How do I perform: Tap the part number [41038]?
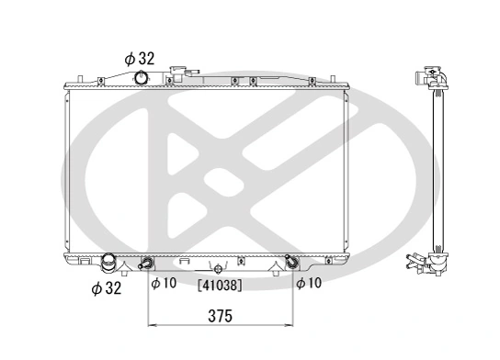point(220,286)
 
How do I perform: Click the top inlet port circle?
point(142,77)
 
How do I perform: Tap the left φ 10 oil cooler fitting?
point(146,264)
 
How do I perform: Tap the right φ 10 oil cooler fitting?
point(292,264)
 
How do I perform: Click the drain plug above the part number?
point(218,268)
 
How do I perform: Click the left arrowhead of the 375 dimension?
point(152,326)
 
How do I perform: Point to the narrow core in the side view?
point(437,170)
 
